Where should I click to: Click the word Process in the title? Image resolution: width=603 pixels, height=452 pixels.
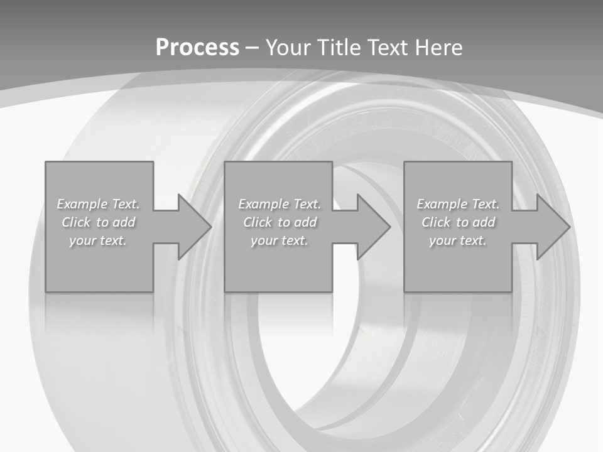[x=197, y=48]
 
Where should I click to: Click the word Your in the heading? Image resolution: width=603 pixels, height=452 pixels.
[x=288, y=48]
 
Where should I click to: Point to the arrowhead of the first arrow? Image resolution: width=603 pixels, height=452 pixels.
[x=195, y=227]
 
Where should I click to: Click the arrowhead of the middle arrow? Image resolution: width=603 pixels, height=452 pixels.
[x=374, y=227]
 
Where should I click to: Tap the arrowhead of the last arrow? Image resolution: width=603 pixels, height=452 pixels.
[x=553, y=227]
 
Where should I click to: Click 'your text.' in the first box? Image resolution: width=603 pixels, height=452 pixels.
[x=98, y=240]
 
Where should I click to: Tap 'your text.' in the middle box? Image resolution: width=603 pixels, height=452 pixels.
[x=279, y=240]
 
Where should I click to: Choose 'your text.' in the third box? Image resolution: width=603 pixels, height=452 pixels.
[x=458, y=240]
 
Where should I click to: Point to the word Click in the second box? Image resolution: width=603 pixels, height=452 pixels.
[x=258, y=222]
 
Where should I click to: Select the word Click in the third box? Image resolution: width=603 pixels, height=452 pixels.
[x=436, y=222]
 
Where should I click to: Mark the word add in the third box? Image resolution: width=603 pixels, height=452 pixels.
[x=483, y=222]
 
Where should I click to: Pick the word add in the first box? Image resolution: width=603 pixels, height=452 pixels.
[x=123, y=222]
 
